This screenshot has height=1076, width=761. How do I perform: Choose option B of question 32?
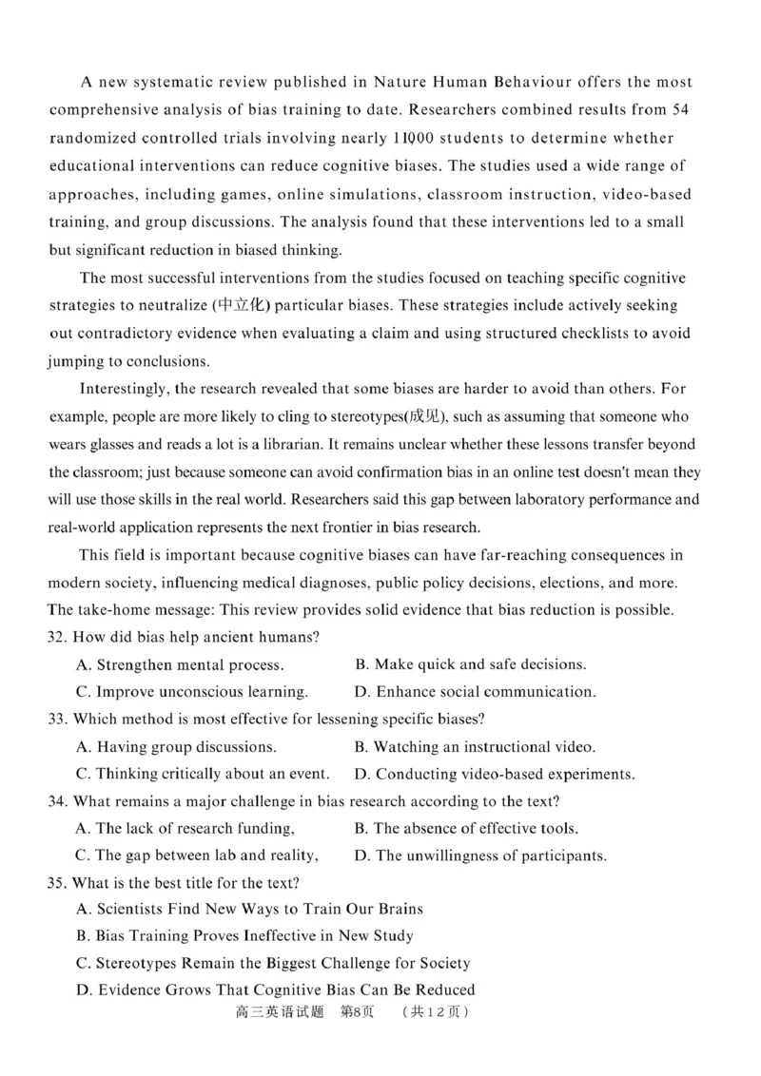click(x=471, y=664)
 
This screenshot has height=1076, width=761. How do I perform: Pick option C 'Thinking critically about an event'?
click(x=202, y=774)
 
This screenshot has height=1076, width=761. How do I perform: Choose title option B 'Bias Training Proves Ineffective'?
click(x=244, y=936)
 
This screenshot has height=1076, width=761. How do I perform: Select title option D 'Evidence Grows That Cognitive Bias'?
click(x=275, y=990)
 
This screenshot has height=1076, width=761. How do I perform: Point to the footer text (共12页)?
click(x=435, y=1013)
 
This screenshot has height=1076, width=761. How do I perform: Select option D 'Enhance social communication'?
click(x=475, y=692)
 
